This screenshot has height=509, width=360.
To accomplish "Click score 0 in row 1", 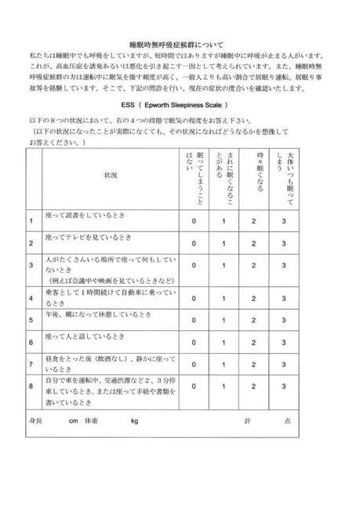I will pyautogui.click(x=194, y=220).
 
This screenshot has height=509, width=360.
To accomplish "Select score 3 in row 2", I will pyautogui.click(x=284, y=242).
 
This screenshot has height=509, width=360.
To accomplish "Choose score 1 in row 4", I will pyautogui.click(x=224, y=298).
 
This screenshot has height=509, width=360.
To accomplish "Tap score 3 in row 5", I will pyautogui.click(x=284, y=320).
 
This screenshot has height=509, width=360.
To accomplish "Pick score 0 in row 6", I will pyautogui.click(x=194, y=342).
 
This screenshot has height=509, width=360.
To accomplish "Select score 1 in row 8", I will pyautogui.click(x=224, y=387).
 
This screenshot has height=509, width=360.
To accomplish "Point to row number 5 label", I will pyautogui.click(x=30, y=320).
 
